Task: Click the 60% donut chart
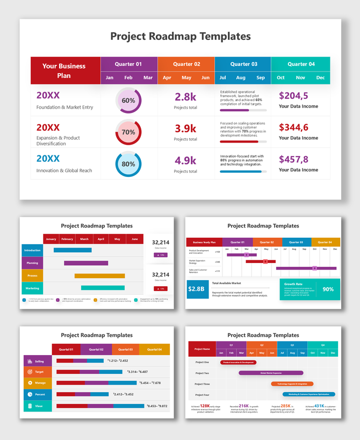128,101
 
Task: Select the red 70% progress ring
128,132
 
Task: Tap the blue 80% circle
128,164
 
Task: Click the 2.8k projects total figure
185,97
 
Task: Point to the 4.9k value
185,160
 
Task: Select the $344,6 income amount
293,127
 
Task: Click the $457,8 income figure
293,159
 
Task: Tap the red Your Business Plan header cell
65,70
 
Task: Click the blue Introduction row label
32,250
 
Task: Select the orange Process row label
32,275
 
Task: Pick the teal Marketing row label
32,288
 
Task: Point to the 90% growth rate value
328,289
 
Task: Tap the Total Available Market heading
226,283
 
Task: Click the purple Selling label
37,361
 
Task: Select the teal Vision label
37,406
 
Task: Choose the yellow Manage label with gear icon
37,383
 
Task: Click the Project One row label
202,362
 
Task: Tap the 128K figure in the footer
205,406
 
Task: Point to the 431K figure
319,406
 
